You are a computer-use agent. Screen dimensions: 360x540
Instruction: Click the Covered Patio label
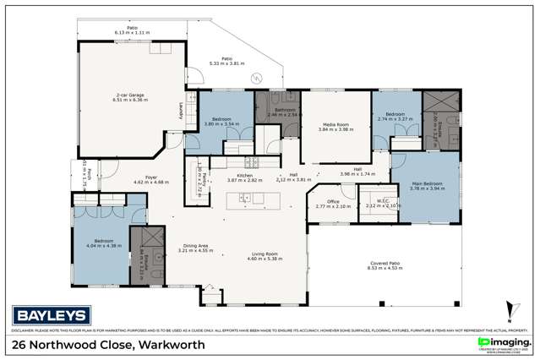[x=383, y=263]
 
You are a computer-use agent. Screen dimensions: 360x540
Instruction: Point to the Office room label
[x=328, y=201]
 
